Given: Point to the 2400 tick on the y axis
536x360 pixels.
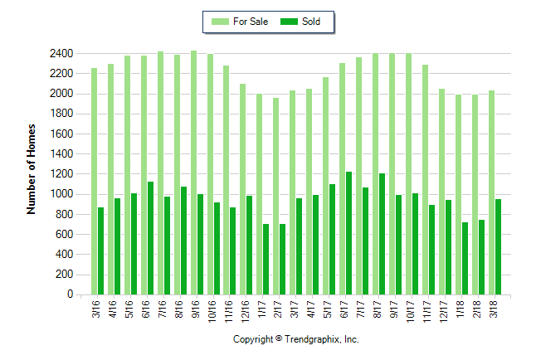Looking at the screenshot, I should click(61, 53).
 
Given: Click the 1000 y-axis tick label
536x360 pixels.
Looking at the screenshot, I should click(61, 194).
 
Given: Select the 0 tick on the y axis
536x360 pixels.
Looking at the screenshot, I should click(69, 294).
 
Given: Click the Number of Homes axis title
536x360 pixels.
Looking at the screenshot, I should click(32, 169).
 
